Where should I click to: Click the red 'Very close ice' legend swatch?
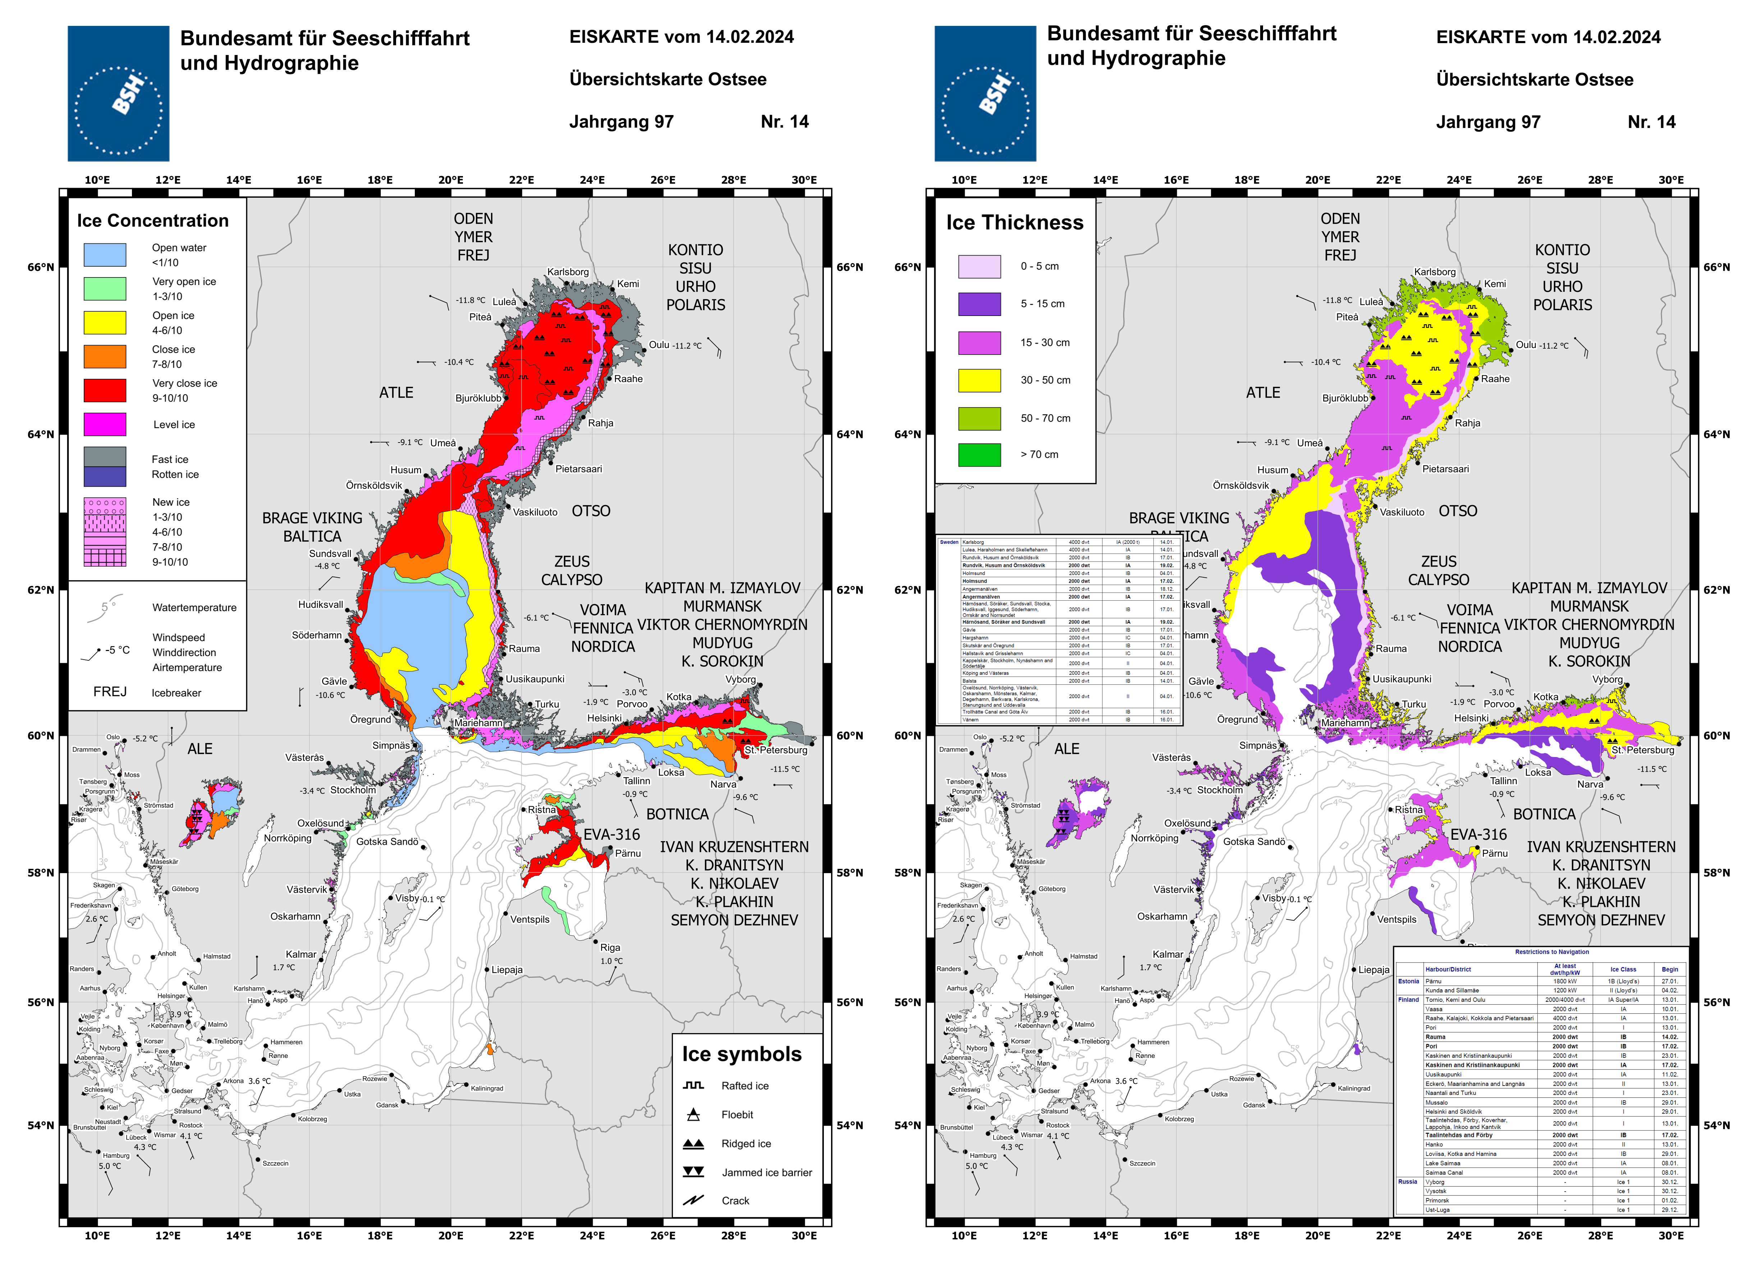[x=105, y=390]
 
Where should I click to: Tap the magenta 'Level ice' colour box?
[x=105, y=424]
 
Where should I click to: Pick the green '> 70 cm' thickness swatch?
[x=979, y=455]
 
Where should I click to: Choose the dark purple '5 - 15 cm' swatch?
[x=979, y=304]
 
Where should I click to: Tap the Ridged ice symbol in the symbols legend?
[x=693, y=1143]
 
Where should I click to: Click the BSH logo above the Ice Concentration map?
[x=119, y=94]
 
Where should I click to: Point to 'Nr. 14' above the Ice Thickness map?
[x=1651, y=122]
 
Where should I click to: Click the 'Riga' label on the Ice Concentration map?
[x=610, y=947]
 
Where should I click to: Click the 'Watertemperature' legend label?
[x=194, y=607]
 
